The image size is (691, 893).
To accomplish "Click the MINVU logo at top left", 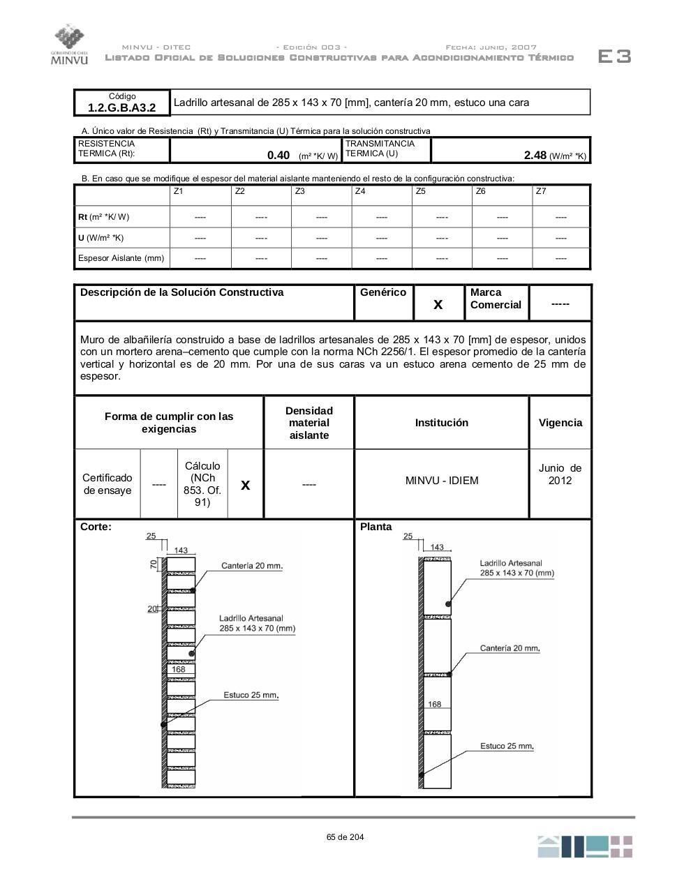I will tap(70, 44).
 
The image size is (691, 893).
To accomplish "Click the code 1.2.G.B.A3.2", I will tap(121, 107).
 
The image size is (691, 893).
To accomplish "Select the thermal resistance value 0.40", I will tap(278, 156).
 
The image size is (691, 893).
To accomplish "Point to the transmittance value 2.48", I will tap(535, 156).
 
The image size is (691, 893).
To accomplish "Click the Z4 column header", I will tap(360, 191).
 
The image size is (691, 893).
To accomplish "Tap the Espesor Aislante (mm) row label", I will tap(121, 258).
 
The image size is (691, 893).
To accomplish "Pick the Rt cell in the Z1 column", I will tap(200, 217).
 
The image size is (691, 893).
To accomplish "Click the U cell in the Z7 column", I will tap(560, 238).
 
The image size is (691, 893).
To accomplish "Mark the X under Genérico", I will tap(438, 304).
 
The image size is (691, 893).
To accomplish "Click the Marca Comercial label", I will tap(496, 299).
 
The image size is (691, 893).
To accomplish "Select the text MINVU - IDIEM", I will tap(442, 481).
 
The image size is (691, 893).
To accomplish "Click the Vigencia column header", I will tap(560, 423).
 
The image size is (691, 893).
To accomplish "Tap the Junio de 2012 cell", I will tap(560, 474).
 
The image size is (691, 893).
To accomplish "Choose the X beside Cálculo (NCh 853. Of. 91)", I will tap(245, 484).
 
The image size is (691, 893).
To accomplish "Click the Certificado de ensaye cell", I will tap(107, 484).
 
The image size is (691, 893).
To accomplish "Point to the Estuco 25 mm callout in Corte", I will tap(251, 695).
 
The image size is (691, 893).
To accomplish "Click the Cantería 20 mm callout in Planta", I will tap(510, 648).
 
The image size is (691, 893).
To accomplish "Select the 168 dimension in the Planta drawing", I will tap(435, 704).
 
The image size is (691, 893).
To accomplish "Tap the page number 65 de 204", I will tap(345, 837).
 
